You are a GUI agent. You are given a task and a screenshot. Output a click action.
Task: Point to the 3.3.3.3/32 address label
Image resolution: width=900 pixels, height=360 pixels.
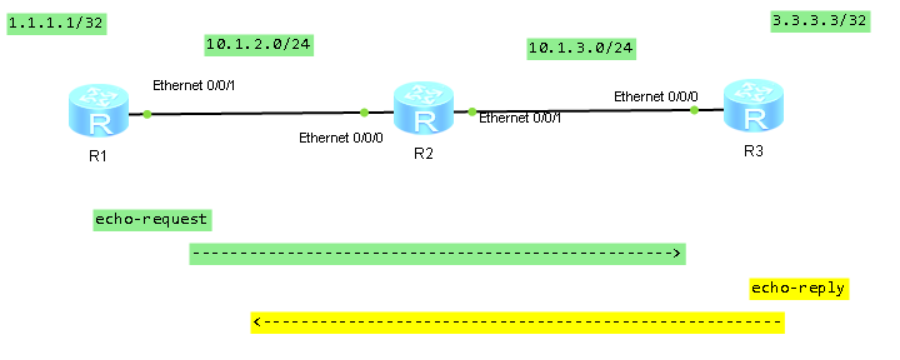(x=819, y=21)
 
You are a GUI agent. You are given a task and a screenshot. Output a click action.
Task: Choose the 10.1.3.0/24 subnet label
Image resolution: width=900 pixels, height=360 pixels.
(x=581, y=47)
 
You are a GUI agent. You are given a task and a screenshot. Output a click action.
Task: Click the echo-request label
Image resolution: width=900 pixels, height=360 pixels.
(x=151, y=219)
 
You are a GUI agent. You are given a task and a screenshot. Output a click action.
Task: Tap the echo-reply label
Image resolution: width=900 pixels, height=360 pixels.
(x=798, y=288)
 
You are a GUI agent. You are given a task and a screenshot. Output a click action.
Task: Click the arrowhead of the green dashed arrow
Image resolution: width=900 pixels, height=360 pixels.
(x=677, y=254)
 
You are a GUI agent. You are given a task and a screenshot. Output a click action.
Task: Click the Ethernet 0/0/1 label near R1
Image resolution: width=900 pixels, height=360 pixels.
(x=193, y=86)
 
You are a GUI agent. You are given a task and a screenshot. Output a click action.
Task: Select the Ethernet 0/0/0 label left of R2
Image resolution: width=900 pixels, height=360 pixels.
(x=341, y=137)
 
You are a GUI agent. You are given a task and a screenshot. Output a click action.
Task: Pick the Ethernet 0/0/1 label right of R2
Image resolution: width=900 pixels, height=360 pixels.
(x=520, y=118)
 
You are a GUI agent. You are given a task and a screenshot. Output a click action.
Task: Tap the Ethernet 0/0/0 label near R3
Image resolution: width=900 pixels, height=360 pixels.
(x=656, y=96)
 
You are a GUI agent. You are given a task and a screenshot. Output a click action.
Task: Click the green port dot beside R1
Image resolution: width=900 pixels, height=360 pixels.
(x=147, y=114)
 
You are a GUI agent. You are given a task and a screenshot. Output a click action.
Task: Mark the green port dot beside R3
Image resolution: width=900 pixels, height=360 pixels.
(x=694, y=110)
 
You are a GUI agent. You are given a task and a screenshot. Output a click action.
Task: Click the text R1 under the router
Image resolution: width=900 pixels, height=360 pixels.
(x=97, y=157)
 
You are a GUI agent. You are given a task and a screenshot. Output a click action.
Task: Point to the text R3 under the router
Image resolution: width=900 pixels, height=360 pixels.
(x=753, y=151)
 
